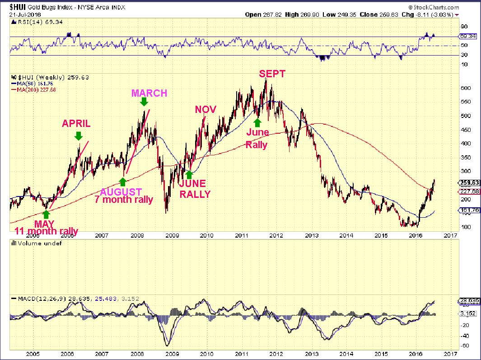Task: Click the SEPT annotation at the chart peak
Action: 272,74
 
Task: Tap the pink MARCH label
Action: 149,93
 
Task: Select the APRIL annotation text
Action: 76,123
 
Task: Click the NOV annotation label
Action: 205,109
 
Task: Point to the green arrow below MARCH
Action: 144,102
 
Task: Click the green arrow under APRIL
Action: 78,136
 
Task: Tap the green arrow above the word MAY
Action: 46,214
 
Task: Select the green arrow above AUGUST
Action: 122,182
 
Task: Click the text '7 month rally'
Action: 123,199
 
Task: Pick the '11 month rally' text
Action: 46,232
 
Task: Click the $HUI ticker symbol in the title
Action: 18,7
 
